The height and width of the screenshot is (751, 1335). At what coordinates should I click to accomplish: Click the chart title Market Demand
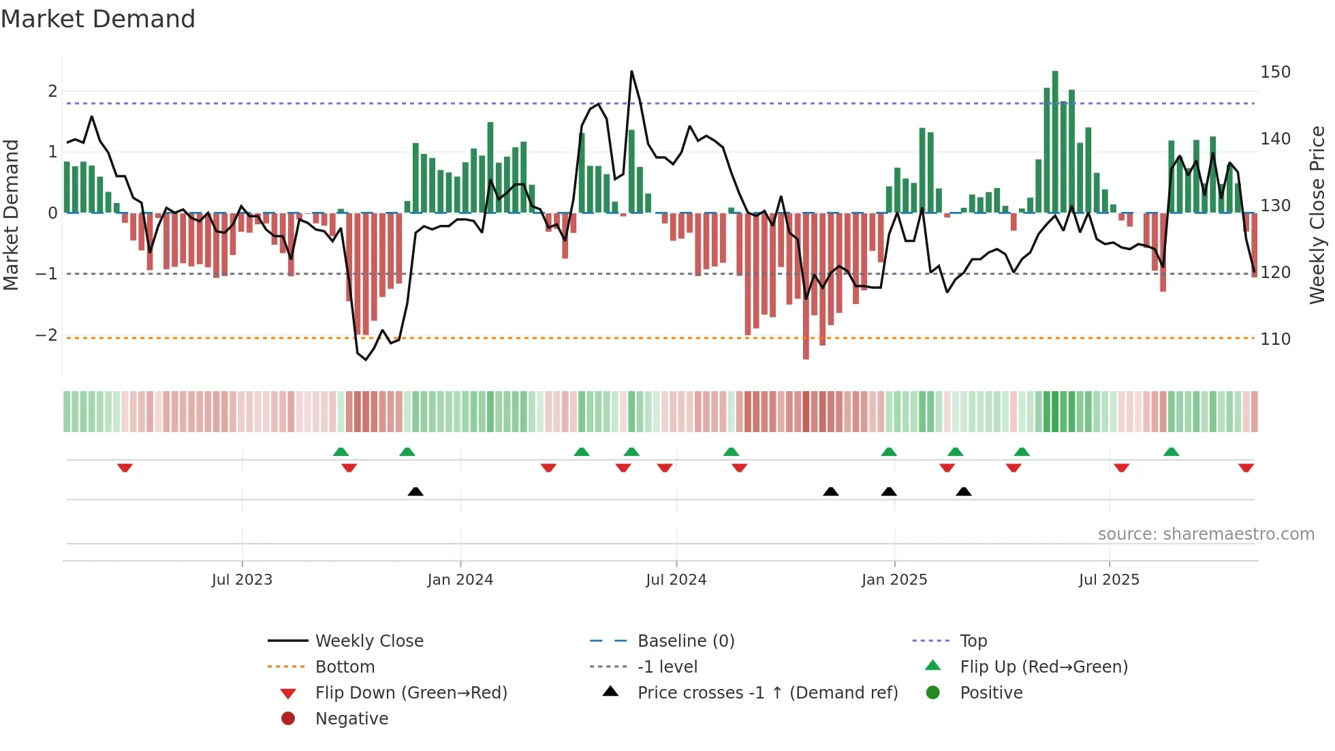pyautogui.click(x=98, y=19)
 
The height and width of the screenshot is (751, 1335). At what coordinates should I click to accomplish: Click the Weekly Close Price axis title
pyautogui.click(x=1317, y=214)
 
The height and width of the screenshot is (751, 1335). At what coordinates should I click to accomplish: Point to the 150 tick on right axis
pyautogui.click(x=1275, y=72)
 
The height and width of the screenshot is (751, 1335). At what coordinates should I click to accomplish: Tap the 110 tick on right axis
pyautogui.click(x=1275, y=339)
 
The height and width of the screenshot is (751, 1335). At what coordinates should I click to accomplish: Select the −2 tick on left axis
pyautogui.click(x=46, y=335)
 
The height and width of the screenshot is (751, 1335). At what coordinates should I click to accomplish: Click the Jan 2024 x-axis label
pyautogui.click(x=460, y=580)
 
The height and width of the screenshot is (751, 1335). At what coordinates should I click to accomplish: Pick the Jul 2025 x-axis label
pyautogui.click(x=1108, y=580)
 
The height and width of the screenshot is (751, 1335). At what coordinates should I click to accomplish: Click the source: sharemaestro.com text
pyautogui.click(x=1206, y=534)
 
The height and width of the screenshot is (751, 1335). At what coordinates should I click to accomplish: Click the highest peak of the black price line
pyautogui.click(x=631, y=72)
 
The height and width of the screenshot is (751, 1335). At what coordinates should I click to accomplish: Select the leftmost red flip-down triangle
pyautogui.click(x=125, y=468)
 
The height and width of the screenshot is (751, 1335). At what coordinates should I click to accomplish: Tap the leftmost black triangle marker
pyautogui.click(x=415, y=491)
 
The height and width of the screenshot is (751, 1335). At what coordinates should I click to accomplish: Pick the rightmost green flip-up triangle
pyautogui.click(x=1171, y=452)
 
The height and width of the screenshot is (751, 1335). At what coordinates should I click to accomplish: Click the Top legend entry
pyautogui.click(x=973, y=641)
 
